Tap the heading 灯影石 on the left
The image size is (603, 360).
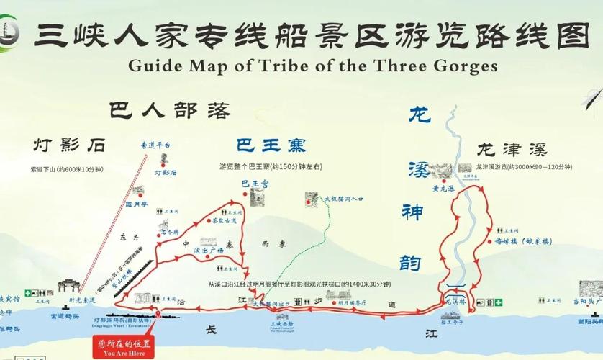pos(68,145)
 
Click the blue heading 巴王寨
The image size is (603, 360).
pos(270,145)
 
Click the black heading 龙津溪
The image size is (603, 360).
pos(512,150)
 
